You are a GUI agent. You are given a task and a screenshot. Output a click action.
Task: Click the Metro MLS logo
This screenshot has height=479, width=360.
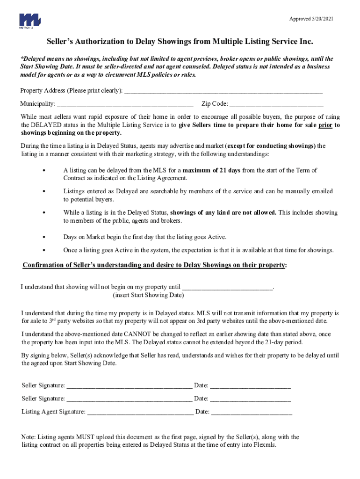(29, 21)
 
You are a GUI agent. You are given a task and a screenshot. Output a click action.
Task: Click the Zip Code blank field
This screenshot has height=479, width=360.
(276, 104)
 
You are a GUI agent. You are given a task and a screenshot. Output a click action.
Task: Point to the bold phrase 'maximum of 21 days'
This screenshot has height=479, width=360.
(211, 170)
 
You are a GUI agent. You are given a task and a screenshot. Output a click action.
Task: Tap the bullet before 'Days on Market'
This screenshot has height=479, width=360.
(44, 237)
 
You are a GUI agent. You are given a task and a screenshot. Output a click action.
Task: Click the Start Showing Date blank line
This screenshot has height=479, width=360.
(227, 287)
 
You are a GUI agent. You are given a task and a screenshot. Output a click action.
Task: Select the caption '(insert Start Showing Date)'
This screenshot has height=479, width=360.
(148, 295)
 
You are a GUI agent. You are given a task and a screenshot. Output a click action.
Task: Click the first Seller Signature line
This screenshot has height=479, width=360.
(129, 386)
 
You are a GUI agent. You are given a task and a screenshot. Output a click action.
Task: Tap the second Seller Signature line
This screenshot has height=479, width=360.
(129, 399)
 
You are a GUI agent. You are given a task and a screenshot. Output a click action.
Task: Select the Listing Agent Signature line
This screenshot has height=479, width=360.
(140, 413)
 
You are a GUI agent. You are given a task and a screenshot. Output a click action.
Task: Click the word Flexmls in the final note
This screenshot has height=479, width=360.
(265, 445)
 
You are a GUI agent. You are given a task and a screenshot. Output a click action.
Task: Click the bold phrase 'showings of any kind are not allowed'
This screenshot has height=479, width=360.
(223, 212)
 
